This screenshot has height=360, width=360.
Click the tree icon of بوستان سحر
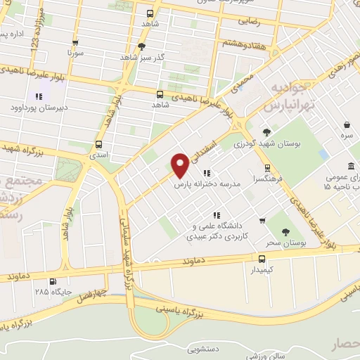pyautogui.click(x=285, y=232)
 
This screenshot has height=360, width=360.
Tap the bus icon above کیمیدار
pyautogui.click(x=262, y=258)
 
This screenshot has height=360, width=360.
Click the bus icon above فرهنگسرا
pyautogui.click(x=266, y=167)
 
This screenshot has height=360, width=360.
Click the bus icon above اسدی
pyautogui.click(x=98, y=145)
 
